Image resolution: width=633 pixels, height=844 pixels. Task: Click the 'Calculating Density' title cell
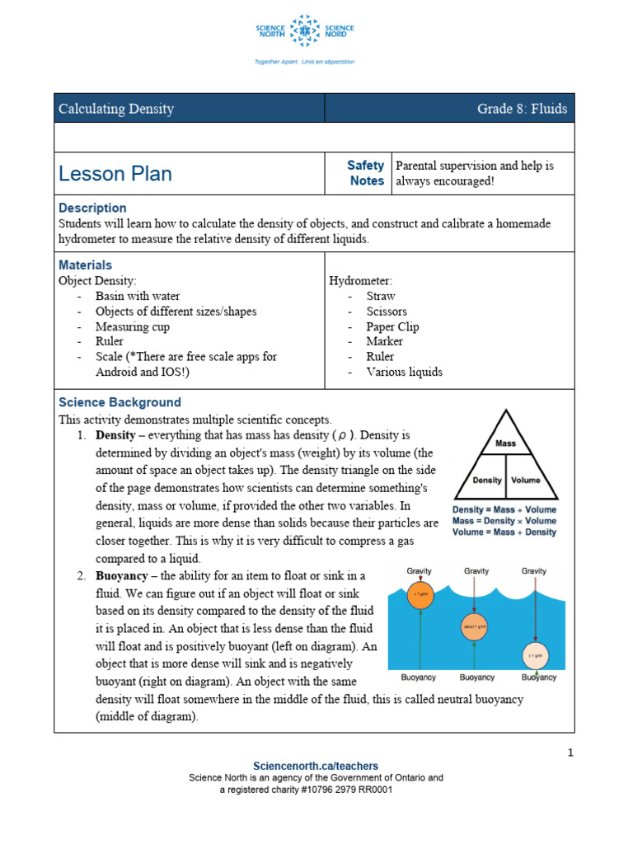click(116, 109)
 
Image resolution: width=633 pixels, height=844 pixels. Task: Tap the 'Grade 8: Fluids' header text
click(522, 109)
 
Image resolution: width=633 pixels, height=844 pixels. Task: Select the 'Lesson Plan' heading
click(115, 173)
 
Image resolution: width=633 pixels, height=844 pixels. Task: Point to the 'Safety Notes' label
click(365, 173)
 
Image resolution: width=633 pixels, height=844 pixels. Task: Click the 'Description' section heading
click(92, 208)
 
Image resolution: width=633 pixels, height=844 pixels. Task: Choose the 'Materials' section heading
click(85, 265)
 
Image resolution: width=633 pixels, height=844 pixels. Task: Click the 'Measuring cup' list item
click(132, 326)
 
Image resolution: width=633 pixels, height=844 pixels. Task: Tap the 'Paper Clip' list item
click(392, 326)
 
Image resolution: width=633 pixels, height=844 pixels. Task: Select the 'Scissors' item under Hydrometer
click(387, 312)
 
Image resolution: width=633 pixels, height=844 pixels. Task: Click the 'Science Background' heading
click(120, 402)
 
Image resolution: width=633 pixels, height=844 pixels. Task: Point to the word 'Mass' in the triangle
click(505, 443)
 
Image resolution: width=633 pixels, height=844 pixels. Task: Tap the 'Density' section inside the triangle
click(487, 480)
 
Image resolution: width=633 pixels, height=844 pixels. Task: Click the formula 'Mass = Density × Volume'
click(504, 521)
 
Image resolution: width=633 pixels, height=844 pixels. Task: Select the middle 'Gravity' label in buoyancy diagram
click(476, 570)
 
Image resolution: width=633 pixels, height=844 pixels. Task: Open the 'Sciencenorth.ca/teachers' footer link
click(316, 766)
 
